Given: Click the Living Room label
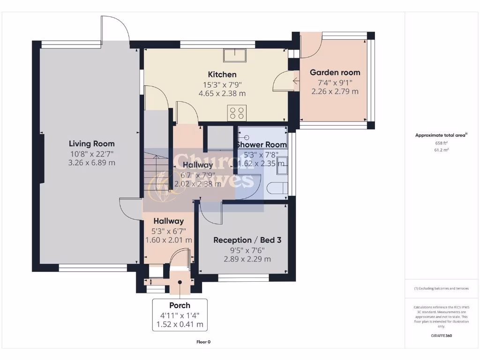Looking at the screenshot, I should point(91,144).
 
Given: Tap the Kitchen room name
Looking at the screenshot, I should point(222,75).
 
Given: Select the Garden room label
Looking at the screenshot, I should point(335,72).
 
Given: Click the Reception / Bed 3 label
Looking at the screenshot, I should point(247,240).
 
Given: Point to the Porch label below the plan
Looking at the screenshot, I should point(180,305).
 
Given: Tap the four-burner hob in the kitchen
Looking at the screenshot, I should point(236,112).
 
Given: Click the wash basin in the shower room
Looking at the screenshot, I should point(282,163).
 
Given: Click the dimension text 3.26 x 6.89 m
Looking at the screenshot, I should point(91,163).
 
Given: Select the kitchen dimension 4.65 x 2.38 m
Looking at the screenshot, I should point(222,93).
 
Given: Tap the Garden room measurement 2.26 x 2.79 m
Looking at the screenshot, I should point(335,91).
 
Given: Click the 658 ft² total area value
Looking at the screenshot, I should point(441,143).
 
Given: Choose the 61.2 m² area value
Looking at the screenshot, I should point(441,150).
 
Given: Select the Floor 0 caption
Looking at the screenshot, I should point(203,342).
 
